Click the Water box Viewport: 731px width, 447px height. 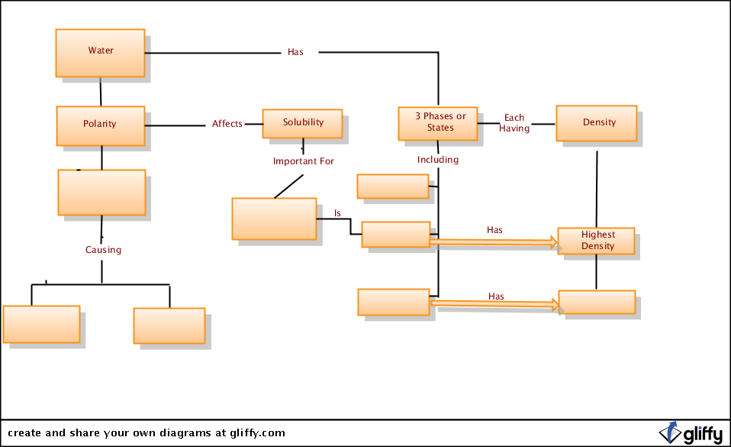[100, 53]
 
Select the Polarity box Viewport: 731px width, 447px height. [101, 125]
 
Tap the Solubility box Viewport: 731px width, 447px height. [303, 124]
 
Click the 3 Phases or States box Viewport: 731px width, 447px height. [438, 123]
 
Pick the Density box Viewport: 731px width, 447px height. [597, 123]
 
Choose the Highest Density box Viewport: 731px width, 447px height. [596, 241]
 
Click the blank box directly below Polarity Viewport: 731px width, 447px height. [101, 193]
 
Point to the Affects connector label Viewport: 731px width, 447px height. [227, 124]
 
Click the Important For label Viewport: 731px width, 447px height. [304, 161]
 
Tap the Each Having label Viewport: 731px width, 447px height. [514, 123]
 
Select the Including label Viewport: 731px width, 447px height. [438, 160]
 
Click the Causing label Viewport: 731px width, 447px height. [103, 250]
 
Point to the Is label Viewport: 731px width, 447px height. [337, 213]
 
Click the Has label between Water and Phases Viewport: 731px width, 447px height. [295, 52]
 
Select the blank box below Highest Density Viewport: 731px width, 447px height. [597, 303]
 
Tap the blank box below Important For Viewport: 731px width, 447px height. [274, 219]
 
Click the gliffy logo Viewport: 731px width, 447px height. [691, 433]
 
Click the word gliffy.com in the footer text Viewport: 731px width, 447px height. [257, 433]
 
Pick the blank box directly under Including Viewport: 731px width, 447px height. [393, 186]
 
